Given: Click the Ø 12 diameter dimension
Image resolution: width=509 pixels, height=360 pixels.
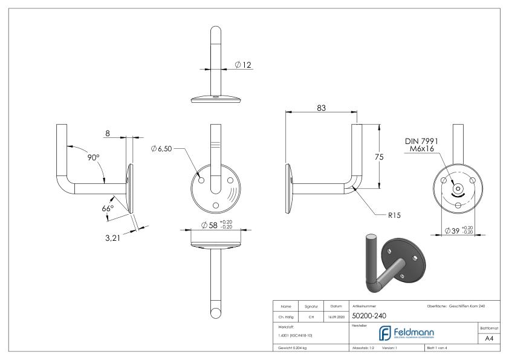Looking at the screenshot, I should [x=243, y=65].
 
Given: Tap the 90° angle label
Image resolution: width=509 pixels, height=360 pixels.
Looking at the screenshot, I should [x=92, y=157].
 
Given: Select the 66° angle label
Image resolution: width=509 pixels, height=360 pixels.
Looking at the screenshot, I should [x=108, y=208].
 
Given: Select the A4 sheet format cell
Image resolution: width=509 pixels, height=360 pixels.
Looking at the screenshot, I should [x=490, y=339].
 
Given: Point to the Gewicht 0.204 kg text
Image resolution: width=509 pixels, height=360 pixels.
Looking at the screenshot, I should [x=293, y=349].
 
